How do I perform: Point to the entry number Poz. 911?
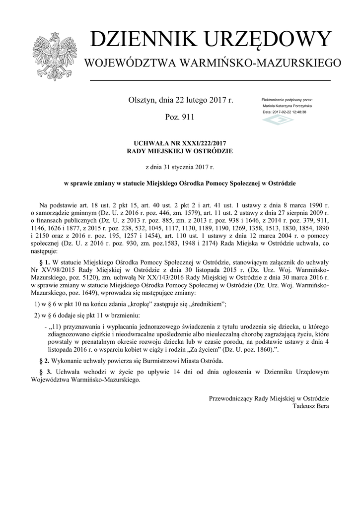(x=180, y=117)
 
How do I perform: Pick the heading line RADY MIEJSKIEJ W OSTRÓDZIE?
(x=180, y=150)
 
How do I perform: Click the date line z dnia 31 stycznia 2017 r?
(x=180, y=167)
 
